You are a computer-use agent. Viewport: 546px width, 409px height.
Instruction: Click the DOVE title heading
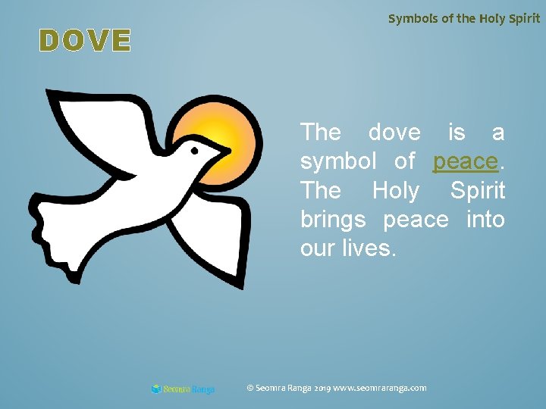[x=86, y=41]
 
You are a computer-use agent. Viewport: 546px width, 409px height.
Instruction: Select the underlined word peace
[x=465, y=161]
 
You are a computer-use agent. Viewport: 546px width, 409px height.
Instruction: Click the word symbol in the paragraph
[x=338, y=161]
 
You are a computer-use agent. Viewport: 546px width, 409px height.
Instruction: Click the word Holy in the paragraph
[x=395, y=190]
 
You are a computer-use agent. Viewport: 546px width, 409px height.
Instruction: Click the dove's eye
[x=196, y=151]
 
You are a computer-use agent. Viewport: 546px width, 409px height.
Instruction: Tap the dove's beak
[x=223, y=151]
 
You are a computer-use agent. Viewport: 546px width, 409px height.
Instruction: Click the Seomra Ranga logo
[x=183, y=389]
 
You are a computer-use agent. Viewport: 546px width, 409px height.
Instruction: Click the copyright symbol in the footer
[x=251, y=388]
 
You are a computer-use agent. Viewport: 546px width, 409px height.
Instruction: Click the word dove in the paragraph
[x=394, y=132]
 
